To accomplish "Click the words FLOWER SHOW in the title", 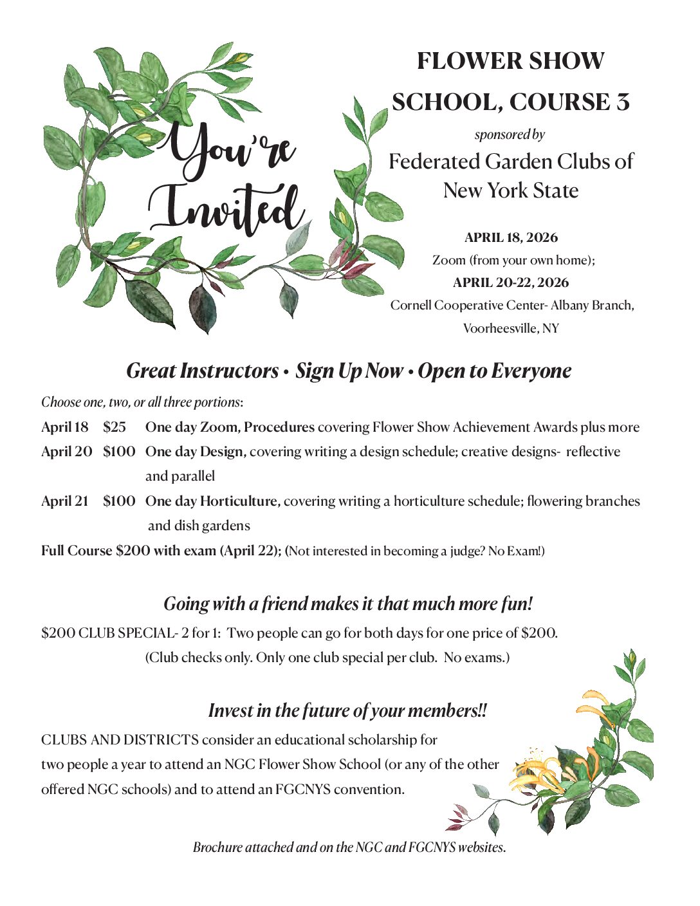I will [x=510, y=61].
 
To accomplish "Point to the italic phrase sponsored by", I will [x=510, y=134].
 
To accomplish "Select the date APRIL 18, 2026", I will [x=511, y=237].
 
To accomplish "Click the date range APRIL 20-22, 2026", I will [x=511, y=282].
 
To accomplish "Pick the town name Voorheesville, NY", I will [x=511, y=328].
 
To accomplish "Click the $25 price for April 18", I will [x=115, y=427].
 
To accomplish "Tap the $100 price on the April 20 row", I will [x=119, y=452].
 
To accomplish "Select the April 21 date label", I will [x=64, y=501].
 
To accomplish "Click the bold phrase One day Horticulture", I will [x=212, y=501].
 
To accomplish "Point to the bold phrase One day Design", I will [x=196, y=452].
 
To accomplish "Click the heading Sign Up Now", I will [x=349, y=371].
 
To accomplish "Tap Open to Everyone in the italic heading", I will [x=494, y=371].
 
